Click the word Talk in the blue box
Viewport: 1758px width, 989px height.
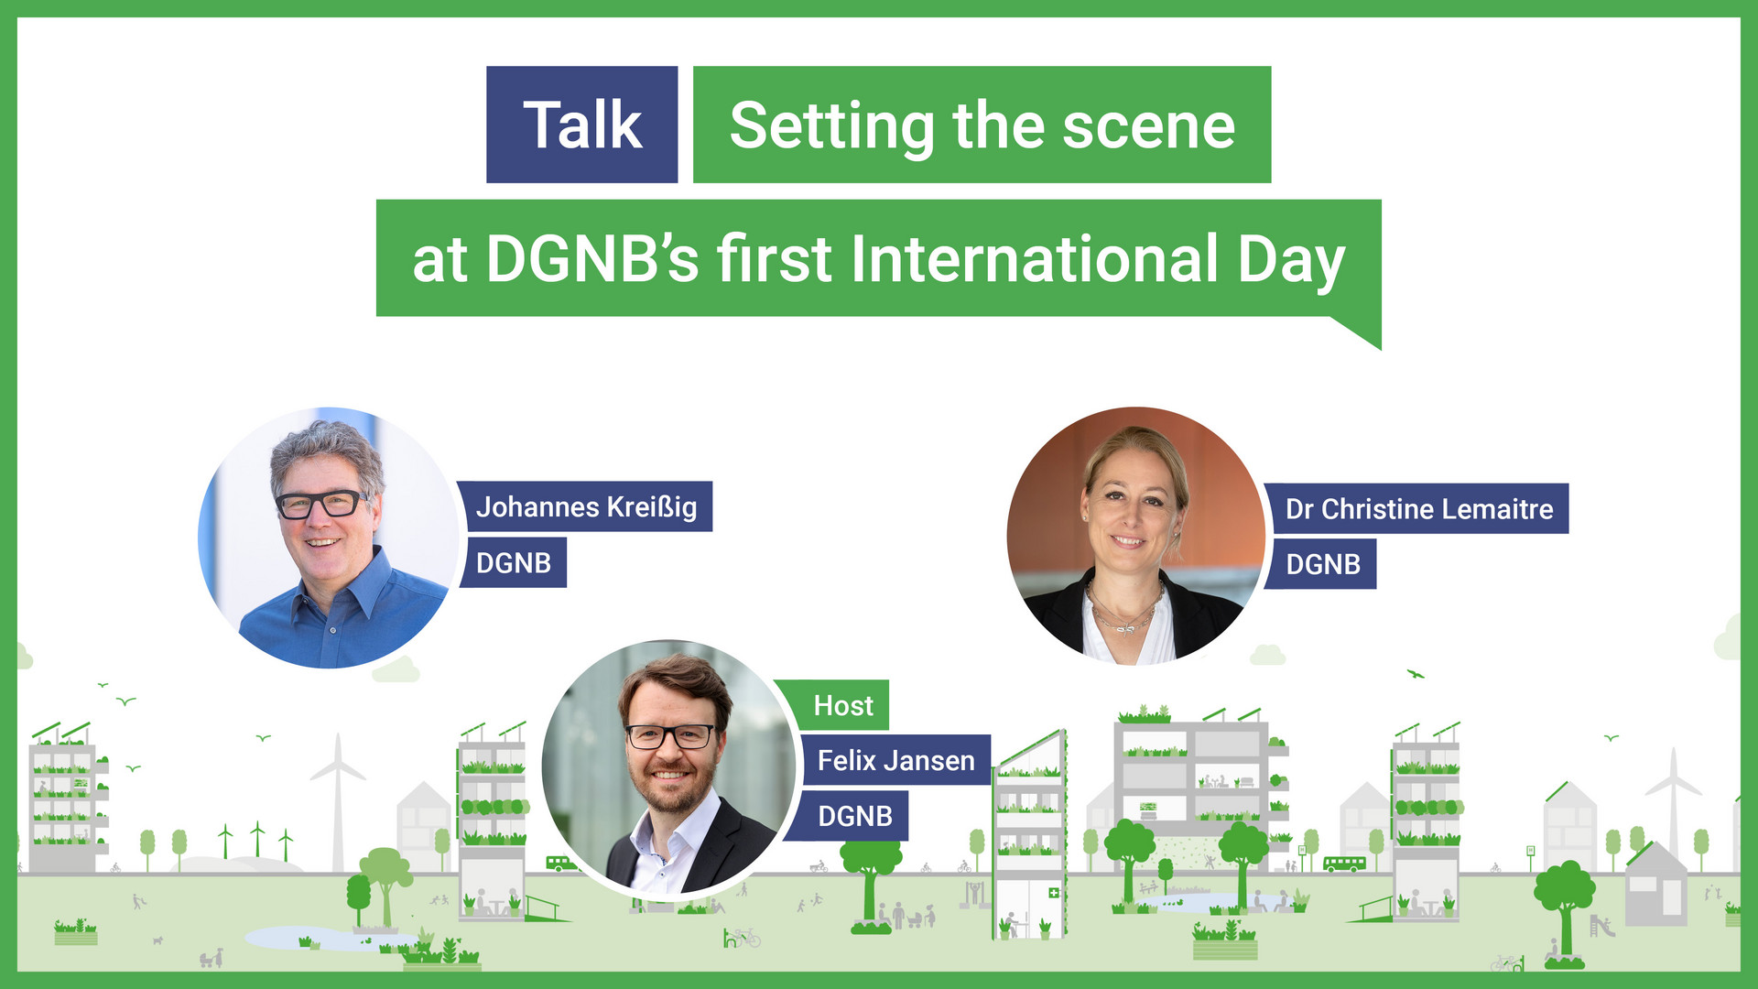point(582,125)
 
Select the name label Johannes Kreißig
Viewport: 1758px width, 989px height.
point(586,507)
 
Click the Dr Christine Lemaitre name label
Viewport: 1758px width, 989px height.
point(1418,509)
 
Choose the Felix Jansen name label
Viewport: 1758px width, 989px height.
point(895,761)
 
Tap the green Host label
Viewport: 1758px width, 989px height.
point(843,706)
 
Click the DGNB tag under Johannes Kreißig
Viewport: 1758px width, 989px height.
point(513,563)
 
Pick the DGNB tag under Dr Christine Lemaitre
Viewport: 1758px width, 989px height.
point(1322,565)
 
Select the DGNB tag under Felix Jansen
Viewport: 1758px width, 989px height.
point(854,816)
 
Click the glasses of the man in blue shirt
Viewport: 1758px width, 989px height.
point(320,505)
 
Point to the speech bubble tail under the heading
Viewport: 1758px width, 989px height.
point(1360,331)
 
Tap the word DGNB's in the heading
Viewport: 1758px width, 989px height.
point(592,259)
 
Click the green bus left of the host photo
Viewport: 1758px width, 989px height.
point(559,863)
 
